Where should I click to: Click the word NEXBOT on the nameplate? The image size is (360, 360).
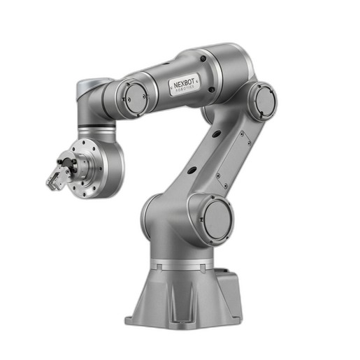point(184,83)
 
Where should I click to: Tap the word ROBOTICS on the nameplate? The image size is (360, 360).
point(185,89)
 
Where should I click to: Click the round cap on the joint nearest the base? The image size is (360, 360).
point(217,220)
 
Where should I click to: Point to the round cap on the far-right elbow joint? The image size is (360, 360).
point(265,101)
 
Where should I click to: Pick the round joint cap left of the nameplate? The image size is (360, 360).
point(136,99)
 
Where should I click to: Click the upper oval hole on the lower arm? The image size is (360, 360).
point(217,134)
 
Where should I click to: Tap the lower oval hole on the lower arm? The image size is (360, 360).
point(192,170)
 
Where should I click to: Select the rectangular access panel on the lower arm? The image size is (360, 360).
point(233,159)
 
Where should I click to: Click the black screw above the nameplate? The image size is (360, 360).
point(203,58)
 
